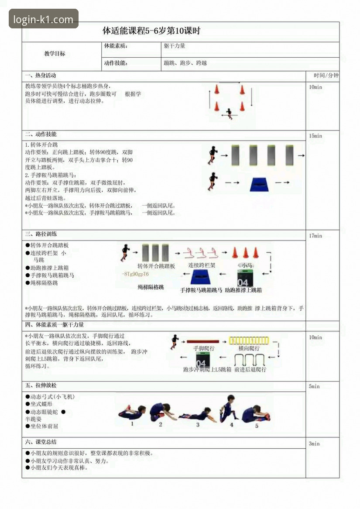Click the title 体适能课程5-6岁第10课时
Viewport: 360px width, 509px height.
[151, 31]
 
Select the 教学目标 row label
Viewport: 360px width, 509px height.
[55, 54]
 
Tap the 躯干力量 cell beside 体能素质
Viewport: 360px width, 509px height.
[175, 46]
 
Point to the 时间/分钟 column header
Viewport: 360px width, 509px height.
[323, 75]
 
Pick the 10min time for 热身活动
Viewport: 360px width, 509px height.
[315, 87]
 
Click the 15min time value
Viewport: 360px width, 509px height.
[315, 136]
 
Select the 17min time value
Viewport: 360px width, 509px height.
[315, 236]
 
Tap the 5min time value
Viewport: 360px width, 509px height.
[314, 386]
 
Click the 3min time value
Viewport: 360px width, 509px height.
[314, 444]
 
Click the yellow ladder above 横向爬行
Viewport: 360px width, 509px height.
[250, 340]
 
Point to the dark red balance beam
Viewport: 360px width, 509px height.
[203, 340]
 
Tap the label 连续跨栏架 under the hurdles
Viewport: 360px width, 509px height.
[202, 265]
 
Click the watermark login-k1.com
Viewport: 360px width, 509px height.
[44, 19]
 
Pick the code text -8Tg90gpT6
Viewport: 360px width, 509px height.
[136, 274]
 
